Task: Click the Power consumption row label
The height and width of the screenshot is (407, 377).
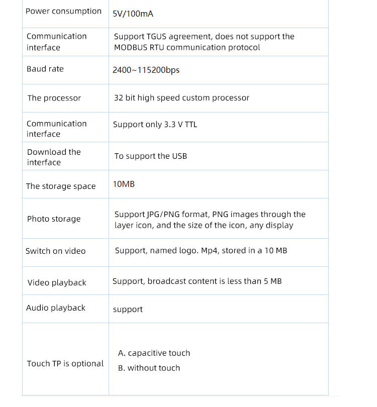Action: (63, 11)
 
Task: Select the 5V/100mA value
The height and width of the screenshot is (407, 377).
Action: (133, 14)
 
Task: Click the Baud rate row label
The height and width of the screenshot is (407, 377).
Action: (45, 69)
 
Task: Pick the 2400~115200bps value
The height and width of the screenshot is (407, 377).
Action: (146, 70)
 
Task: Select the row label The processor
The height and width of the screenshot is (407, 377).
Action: (54, 98)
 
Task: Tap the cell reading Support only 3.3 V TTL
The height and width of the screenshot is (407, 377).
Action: (155, 124)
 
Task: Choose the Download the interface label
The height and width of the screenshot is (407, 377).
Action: (54, 157)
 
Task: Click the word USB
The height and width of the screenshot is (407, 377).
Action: (179, 156)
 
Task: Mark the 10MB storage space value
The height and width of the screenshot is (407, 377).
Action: (124, 184)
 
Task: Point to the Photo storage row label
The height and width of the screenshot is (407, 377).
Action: (54, 219)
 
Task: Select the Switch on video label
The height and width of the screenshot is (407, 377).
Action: (56, 251)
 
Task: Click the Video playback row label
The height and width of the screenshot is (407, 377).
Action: (57, 282)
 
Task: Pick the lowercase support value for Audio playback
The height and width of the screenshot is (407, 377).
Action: (128, 310)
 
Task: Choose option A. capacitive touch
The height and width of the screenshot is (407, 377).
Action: (154, 353)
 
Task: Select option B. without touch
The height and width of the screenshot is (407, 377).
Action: (149, 368)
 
